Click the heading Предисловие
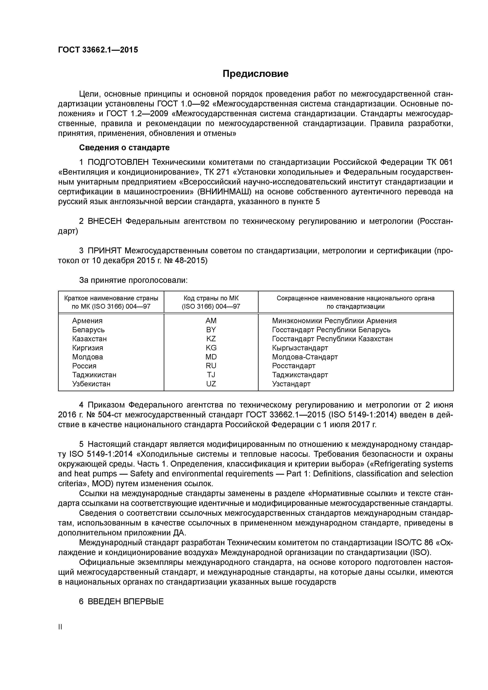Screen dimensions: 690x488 point(255,74)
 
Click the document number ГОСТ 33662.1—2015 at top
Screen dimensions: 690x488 point(98,50)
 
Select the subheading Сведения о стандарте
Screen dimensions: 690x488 point(124,148)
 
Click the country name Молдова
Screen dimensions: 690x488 point(88,357)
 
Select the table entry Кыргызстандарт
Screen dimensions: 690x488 point(300,348)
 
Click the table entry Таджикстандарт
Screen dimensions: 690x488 point(300,375)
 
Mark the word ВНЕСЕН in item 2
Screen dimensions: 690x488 point(105,221)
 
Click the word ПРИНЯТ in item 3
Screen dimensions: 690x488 point(105,251)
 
